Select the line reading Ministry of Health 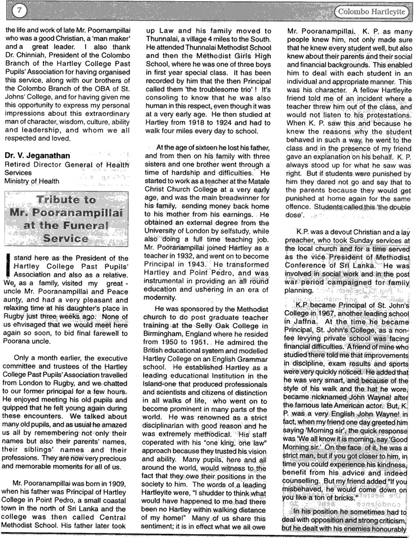click(x=32, y=181)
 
